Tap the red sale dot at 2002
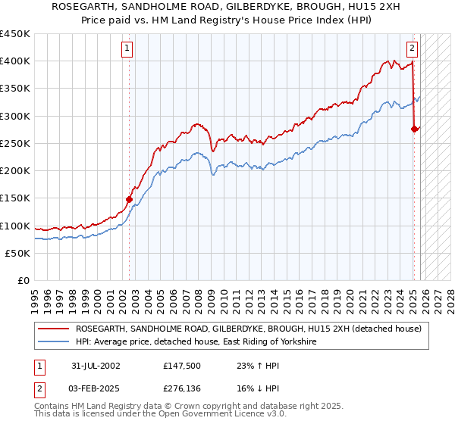(x=129, y=200)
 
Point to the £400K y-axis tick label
(x=15, y=61)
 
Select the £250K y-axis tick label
(x=15, y=143)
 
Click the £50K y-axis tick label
(x=18, y=253)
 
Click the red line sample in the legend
(x=54, y=329)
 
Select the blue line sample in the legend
(x=54, y=342)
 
